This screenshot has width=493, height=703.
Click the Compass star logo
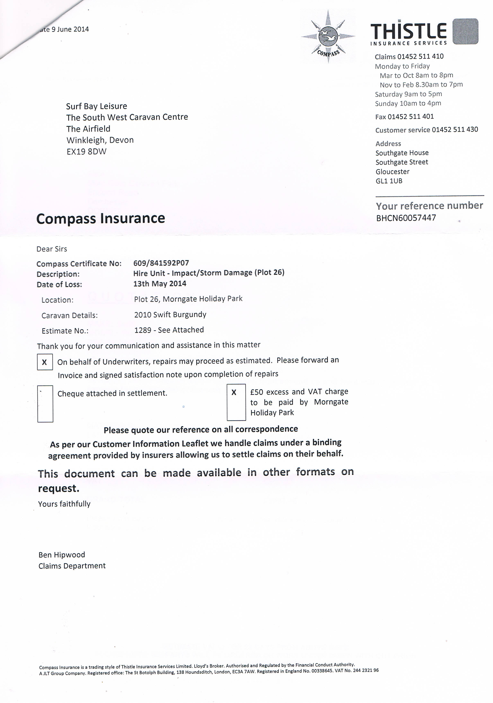coord(328,37)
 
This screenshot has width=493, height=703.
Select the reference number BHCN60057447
coord(406,218)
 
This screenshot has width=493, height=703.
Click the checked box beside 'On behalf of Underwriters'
coord(45,362)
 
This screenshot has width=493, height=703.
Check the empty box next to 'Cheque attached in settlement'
coord(45,403)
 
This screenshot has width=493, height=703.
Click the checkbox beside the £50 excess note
coord(236,402)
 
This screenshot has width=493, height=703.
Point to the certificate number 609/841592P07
coord(161,263)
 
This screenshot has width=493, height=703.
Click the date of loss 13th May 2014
coord(160,284)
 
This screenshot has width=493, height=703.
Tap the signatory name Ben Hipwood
coord(62,554)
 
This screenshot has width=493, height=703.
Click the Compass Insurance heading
coord(100,219)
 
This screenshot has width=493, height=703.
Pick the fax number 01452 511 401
coord(411,117)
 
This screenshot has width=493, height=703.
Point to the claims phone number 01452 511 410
coord(420,56)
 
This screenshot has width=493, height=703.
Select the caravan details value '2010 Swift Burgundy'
coord(170,314)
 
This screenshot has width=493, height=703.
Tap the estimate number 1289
coord(143,330)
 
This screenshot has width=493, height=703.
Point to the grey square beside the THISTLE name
coord(465,31)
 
